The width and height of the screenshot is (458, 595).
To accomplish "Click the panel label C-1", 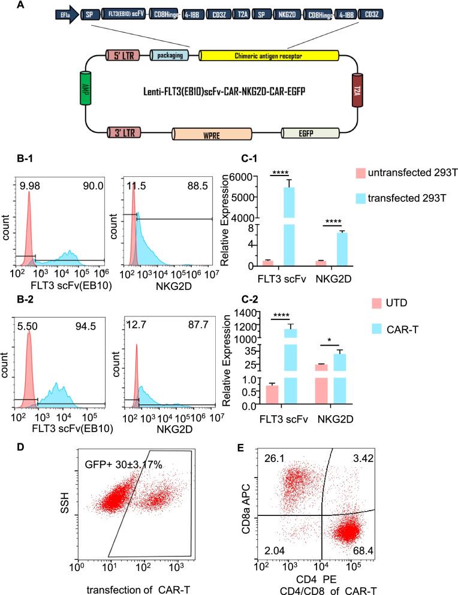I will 230,161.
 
